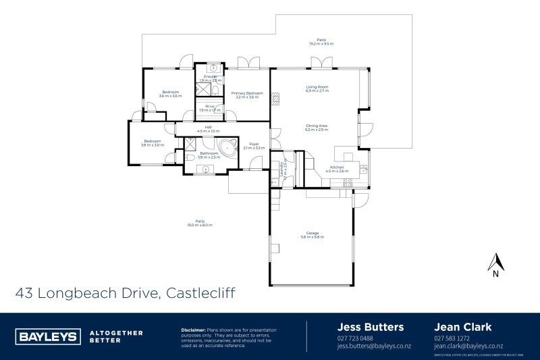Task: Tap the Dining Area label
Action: [x=317, y=127]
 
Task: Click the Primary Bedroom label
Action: [x=246, y=95]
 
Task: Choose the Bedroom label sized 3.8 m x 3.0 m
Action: [x=152, y=143]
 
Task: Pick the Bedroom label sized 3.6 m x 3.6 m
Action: [x=170, y=94]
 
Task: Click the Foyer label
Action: [x=254, y=145]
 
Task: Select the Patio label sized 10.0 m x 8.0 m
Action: [x=200, y=222]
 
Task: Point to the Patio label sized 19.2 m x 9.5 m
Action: [x=321, y=41]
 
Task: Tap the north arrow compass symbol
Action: [x=496, y=264]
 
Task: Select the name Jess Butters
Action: [x=370, y=327]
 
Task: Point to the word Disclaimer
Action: [x=194, y=330]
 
